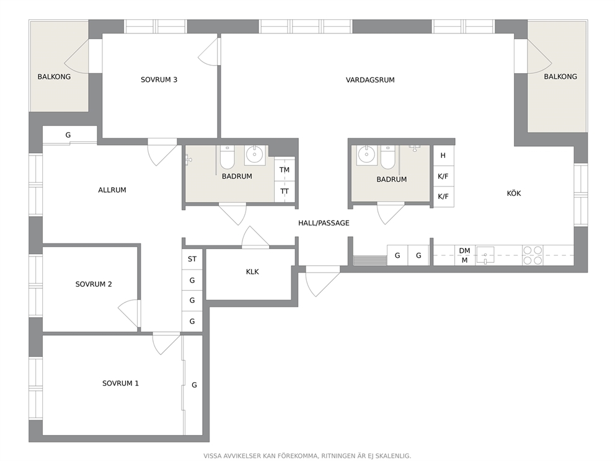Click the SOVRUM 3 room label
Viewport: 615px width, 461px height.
[159, 79]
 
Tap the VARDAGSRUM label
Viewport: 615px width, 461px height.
[370, 80]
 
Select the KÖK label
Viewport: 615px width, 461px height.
[514, 193]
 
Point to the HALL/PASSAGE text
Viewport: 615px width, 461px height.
[324, 223]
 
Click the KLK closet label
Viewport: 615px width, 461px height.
[252, 271]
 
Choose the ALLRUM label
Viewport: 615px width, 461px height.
[112, 190]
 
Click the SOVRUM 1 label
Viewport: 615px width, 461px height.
[120, 384]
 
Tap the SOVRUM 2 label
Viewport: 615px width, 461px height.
[94, 284]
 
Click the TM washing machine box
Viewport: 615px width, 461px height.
[285, 170]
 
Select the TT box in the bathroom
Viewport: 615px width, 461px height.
[285, 191]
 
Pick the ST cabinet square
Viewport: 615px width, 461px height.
[192, 259]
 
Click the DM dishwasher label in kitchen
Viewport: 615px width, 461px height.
[464, 250]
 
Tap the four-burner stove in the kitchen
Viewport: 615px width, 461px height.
[533, 255]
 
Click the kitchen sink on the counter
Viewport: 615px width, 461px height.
[485, 255]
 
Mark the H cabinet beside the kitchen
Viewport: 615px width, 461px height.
[443, 156]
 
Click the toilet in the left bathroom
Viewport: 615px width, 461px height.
[227, 157]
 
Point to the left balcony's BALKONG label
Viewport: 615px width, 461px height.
[54, 77]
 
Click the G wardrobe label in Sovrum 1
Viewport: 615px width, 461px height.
[194, 385]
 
